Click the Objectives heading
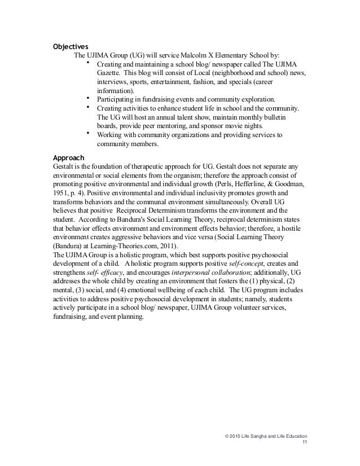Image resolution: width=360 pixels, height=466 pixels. pos(71,46)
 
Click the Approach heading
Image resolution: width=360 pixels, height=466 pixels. pos(68,157)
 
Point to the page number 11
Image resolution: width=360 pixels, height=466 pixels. pos(304,443)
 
